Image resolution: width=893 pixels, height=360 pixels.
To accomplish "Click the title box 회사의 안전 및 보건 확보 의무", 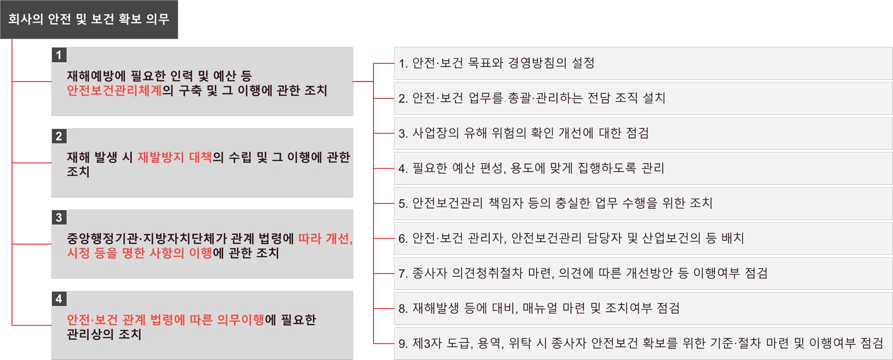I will (89, 19).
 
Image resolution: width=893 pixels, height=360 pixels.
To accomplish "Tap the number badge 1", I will (59, 55).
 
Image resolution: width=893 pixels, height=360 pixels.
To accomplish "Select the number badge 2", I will (59, 136).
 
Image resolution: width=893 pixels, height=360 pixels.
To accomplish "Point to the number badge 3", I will (59, 218).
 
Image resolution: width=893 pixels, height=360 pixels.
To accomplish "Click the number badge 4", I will (59, 299).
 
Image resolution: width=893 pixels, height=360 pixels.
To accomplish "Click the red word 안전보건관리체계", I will (114, 91).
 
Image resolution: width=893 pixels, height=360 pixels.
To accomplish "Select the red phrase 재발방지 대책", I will (174, 157).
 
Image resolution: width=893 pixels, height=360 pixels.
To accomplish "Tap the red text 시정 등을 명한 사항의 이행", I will (139, 253).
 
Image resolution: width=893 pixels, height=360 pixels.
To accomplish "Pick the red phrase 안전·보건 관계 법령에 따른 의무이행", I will (165, 320).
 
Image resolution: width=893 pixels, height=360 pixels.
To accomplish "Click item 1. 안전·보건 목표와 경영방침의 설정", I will (496, 63).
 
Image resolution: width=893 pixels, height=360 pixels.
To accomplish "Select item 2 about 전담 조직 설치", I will (531, 98).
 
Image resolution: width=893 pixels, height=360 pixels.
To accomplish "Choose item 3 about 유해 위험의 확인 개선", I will (523, 134).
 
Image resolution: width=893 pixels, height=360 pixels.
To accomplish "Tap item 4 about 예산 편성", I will (531, 168).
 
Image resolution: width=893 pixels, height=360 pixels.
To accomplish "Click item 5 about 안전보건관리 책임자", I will (555, 203).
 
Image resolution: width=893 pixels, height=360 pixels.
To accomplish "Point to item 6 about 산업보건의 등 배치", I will (571, 239).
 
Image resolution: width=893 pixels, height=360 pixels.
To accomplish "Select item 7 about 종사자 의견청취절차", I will (583, 273).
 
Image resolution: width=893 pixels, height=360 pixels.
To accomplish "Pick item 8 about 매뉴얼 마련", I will (539, 308).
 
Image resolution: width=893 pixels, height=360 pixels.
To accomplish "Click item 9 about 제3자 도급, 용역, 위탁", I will (640, 344).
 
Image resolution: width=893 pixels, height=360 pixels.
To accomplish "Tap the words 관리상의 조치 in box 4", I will (104, 334).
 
